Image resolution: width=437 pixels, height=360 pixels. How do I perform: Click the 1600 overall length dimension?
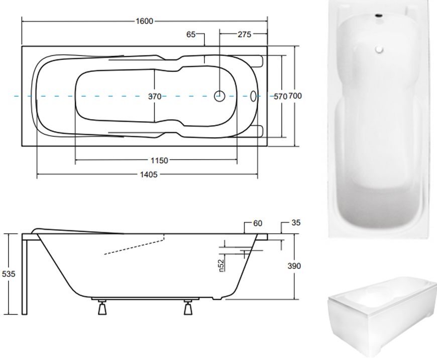[144, 21]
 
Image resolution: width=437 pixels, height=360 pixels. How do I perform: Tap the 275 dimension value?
[244, 35]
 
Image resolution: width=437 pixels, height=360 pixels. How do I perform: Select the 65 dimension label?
[191, 35]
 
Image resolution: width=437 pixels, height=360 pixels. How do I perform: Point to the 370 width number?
[155, 97]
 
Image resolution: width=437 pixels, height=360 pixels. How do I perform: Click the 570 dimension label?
[279, 97]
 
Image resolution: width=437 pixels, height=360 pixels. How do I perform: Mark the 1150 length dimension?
[159, 161]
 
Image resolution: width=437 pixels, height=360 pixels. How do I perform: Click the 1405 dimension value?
[149, 174]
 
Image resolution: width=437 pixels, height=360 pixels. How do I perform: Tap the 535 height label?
[9, 275]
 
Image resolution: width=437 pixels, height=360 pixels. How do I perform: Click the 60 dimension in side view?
[257, 224]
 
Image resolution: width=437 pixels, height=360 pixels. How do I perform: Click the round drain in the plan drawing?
[220, 96]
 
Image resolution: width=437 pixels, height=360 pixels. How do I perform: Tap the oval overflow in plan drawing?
[254, 96]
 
